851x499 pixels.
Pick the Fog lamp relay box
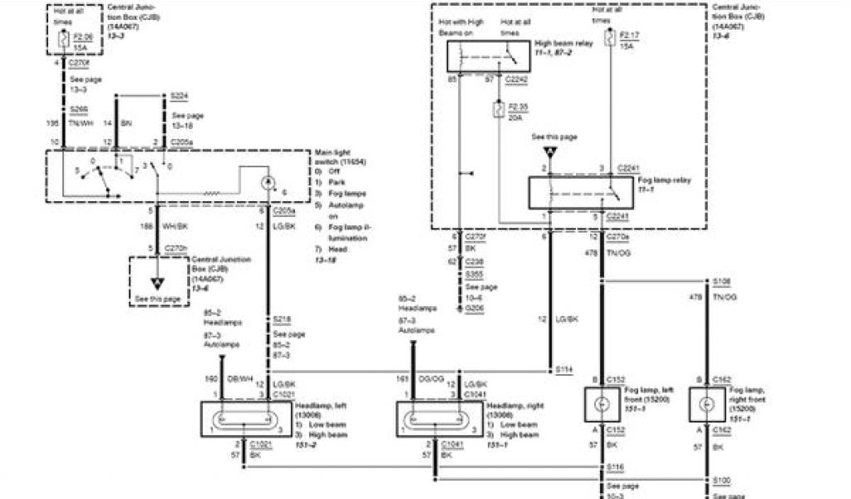[x=575, y=193]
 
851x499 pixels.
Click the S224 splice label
[x=179, y=96]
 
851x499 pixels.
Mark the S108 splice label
[x=721, y=281]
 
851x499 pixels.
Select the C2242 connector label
[x=519, y=81]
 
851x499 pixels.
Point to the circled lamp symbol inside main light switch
[x=268, y=182]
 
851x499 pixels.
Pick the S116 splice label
[x=616, y=467]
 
